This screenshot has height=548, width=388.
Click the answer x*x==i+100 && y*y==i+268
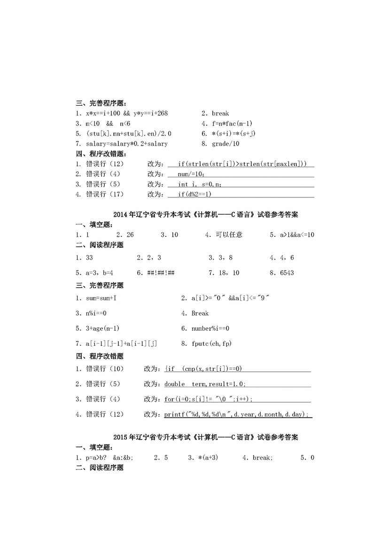(x=127, y=113)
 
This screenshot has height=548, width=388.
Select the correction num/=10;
(x=191, y=174)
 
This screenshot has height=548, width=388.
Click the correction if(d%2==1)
(x=195, y=194)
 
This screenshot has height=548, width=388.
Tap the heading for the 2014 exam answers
(x=206, y=214)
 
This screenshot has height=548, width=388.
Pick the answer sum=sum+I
(x=101, y=298)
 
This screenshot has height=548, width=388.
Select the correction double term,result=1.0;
(x=205, y=384)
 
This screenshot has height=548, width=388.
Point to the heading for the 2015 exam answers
(x=206, y=437)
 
